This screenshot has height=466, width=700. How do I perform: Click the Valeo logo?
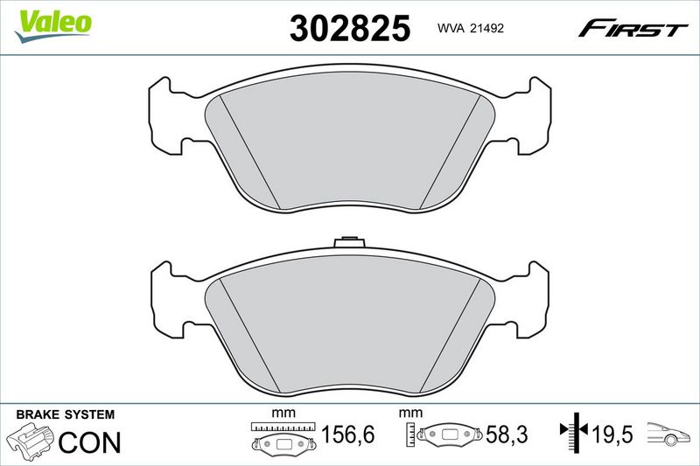click(52, 26)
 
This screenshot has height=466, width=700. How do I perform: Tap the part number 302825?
click(349, 28)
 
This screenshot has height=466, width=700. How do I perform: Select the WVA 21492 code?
click(471, 28)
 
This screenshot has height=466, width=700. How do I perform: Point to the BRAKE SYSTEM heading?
click(65, 414)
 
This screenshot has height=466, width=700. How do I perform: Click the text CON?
click(90, 442)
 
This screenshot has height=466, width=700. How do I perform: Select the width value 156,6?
click(347, 435)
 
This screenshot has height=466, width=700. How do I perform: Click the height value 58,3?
click(507, 435)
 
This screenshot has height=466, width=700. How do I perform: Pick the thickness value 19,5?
click(612, 434)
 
